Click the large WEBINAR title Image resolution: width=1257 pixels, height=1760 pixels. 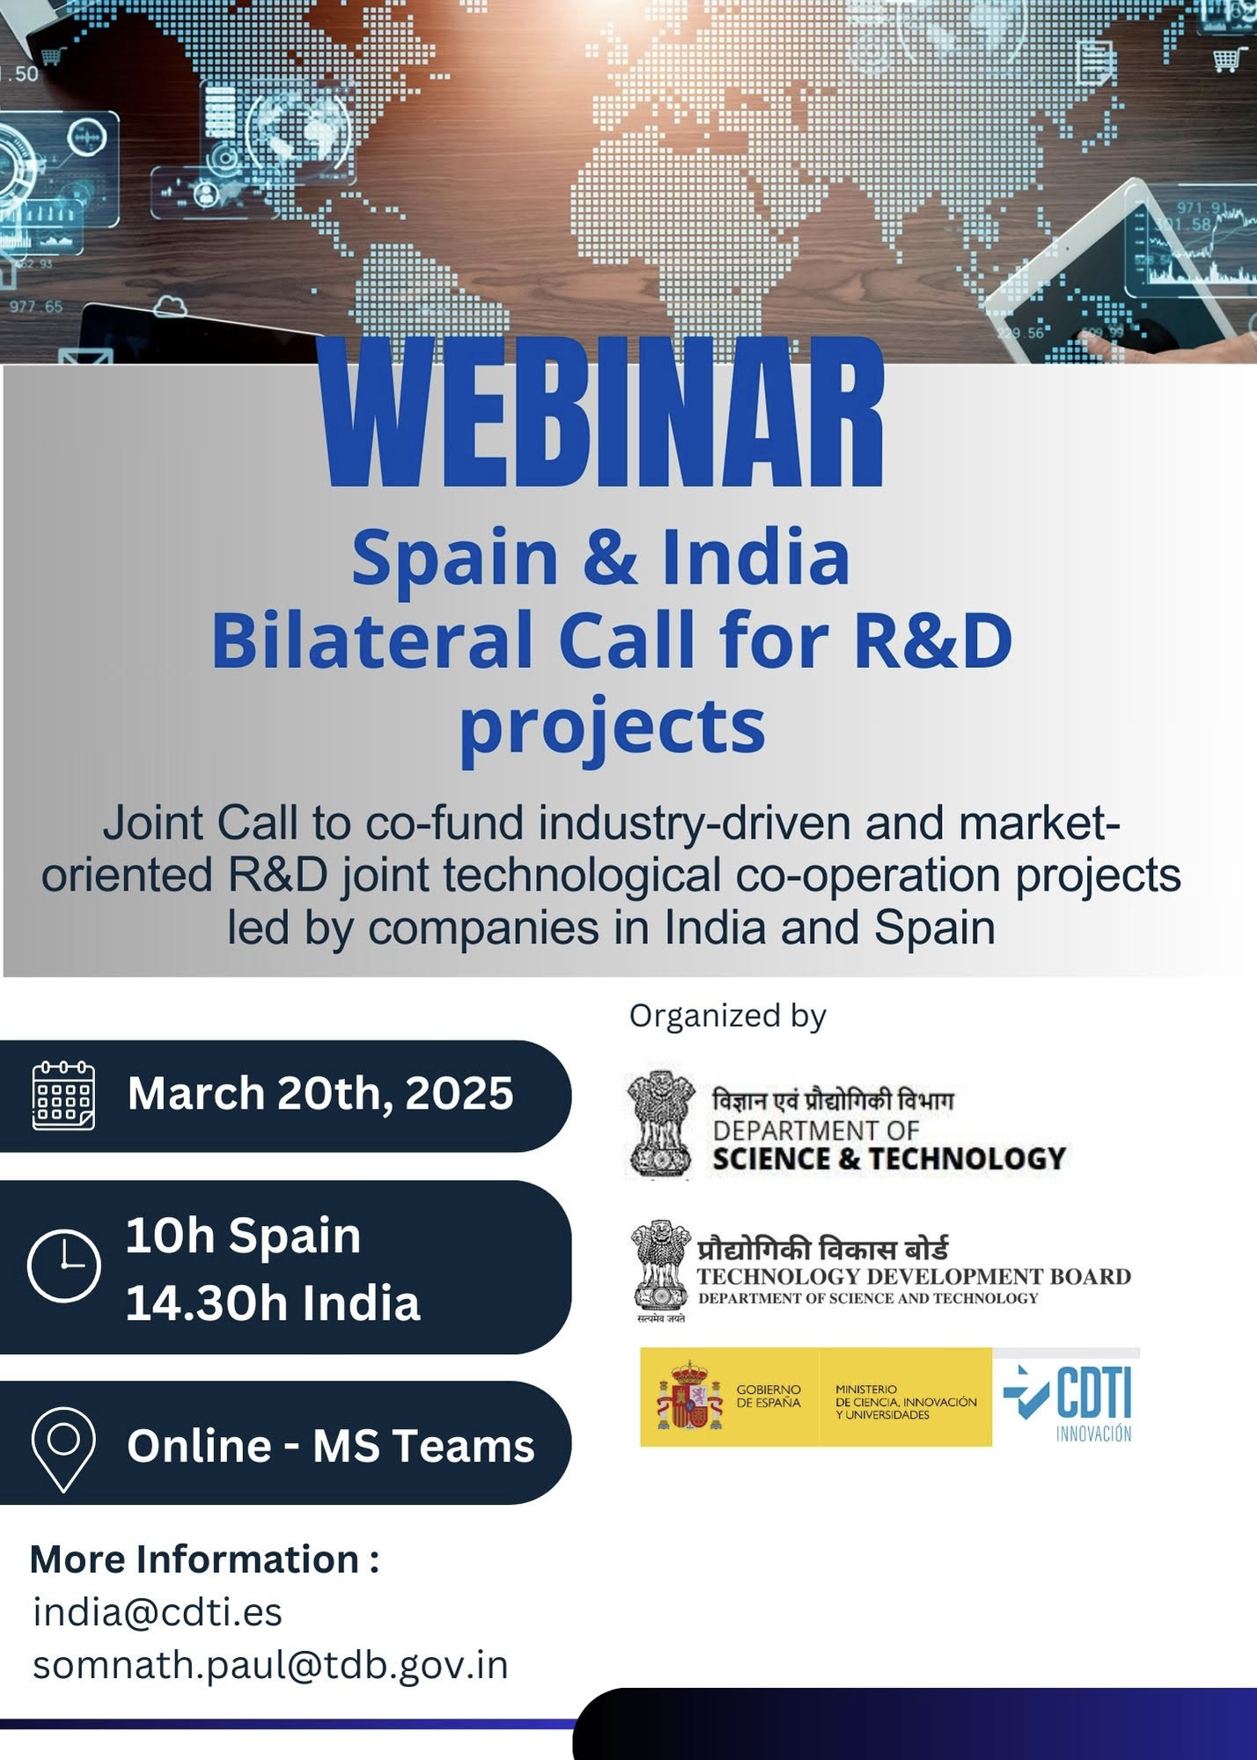(603, 414)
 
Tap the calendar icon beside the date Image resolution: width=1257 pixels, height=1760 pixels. (63, 1096)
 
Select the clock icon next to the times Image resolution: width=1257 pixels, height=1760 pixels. (64, 1266)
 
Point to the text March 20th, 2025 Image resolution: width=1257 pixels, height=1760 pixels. (320, 1094)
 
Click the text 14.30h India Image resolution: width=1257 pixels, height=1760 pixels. (273, 1303)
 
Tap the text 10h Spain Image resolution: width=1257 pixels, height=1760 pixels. (243, 1236)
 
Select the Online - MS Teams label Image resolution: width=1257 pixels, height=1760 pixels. (331, 1446)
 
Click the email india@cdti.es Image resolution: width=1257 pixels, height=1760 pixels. (158, 1612)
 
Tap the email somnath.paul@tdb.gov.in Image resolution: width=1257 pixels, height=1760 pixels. (270, 1665)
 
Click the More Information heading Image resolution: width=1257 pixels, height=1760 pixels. (204, 1558)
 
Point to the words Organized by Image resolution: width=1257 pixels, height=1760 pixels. (728, 1016)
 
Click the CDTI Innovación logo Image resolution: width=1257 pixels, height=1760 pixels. (1067, 1397)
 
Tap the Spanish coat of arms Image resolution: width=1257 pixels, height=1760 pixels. (689, 1396)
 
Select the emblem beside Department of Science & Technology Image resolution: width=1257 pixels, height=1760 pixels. (661, 1125)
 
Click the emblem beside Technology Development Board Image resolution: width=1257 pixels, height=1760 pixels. (661, 1269)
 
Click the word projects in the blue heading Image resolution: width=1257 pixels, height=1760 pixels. (613, 727)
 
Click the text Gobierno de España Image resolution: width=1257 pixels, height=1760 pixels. (768, 1396)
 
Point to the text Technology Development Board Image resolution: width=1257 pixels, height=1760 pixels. (914, 1276)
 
